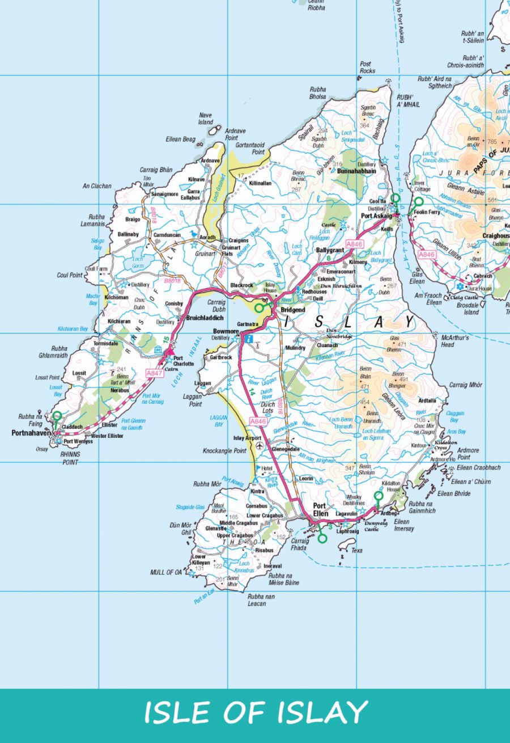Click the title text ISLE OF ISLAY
click(255, 712)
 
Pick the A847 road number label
click(154, 373)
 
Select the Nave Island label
click(205, 119)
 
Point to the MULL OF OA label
click(166, 572)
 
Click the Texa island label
click(356, 550)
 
